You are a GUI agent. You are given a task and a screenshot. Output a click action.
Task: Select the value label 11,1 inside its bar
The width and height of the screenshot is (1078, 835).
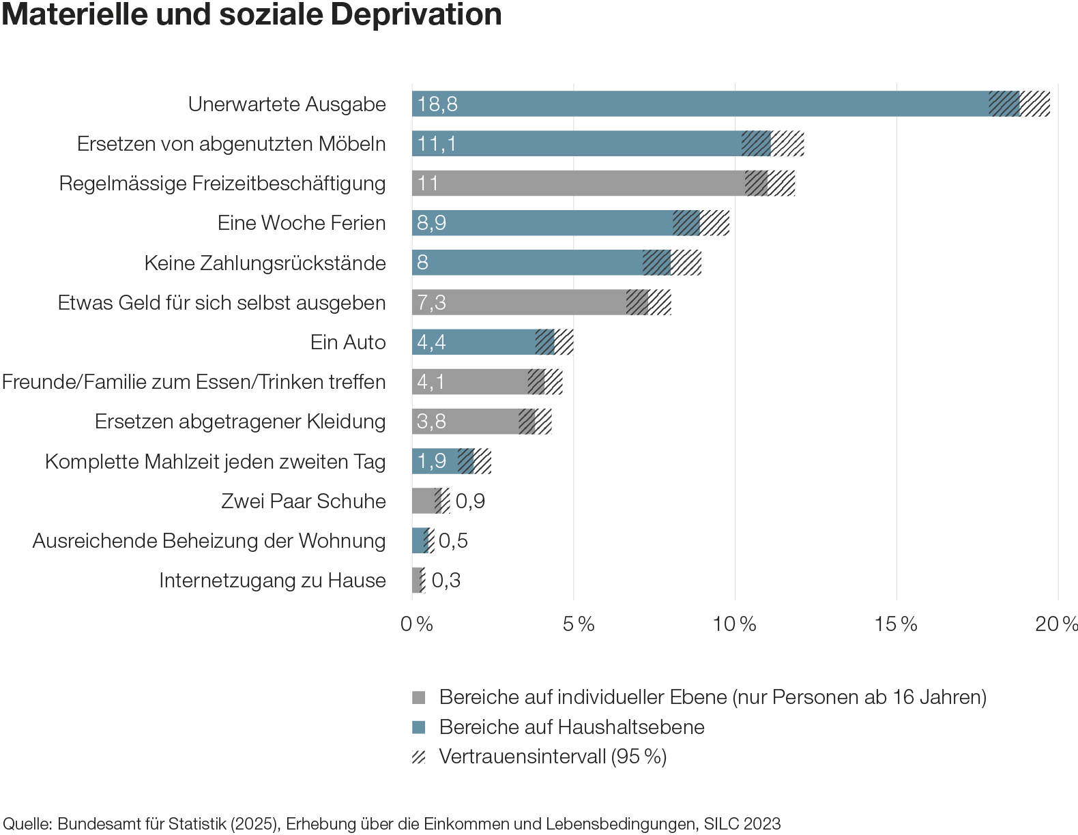[x=437, y=144]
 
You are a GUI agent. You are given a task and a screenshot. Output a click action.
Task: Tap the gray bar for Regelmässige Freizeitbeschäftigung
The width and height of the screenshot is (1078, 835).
[x=580, y=184]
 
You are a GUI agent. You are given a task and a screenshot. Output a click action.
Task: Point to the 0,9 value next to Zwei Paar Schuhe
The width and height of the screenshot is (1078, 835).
[x=470, y=501]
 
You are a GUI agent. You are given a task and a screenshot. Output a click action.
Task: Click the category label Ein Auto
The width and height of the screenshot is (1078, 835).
[x=347, y=342]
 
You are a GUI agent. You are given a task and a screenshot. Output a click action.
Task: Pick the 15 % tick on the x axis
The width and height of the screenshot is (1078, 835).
[x=896, y=624]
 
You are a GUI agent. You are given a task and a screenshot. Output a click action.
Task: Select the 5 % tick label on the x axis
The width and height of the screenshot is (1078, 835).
[x=579, y=624]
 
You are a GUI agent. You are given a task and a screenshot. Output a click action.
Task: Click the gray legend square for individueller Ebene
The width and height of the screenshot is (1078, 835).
[x=419, y=698]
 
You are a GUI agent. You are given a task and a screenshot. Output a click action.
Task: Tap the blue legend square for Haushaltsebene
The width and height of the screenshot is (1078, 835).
[x=419, y=727]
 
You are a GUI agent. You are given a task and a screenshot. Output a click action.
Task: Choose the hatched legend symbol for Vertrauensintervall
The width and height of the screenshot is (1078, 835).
[x=419, y=757]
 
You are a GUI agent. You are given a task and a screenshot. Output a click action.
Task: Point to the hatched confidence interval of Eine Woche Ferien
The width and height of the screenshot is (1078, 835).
[x=701, y=223]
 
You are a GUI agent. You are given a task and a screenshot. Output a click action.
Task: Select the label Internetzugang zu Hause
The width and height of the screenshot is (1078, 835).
[x=272, y=581]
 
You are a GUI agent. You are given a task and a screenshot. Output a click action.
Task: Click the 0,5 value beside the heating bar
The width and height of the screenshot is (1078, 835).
[x=453, y=541]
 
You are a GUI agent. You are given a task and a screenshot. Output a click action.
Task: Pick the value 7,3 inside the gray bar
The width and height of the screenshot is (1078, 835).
[x=431, y=303]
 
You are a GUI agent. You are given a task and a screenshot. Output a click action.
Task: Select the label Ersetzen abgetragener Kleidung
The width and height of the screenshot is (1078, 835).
[x=239, y=422]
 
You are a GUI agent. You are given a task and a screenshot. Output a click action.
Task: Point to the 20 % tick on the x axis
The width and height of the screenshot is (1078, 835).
[x=1057, y=624]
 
